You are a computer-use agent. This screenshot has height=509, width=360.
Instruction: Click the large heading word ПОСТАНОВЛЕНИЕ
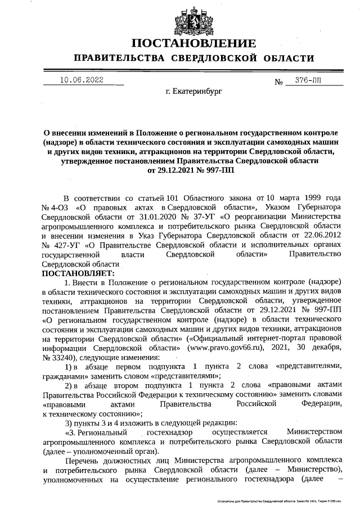point(194,43)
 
